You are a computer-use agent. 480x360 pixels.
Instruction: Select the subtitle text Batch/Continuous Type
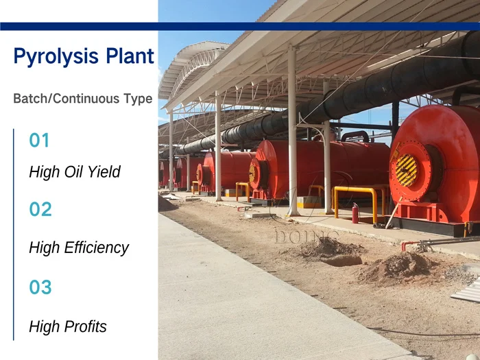82,99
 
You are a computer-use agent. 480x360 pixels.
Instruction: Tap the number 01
40,141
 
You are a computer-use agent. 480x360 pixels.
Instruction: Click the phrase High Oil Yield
74,172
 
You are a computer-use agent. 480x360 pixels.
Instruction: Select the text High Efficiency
78,248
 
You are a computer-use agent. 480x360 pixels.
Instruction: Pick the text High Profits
67,327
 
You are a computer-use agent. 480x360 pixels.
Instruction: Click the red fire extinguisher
355,213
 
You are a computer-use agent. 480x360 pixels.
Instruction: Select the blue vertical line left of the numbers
14,234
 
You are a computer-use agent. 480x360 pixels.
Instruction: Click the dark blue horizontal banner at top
240,26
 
